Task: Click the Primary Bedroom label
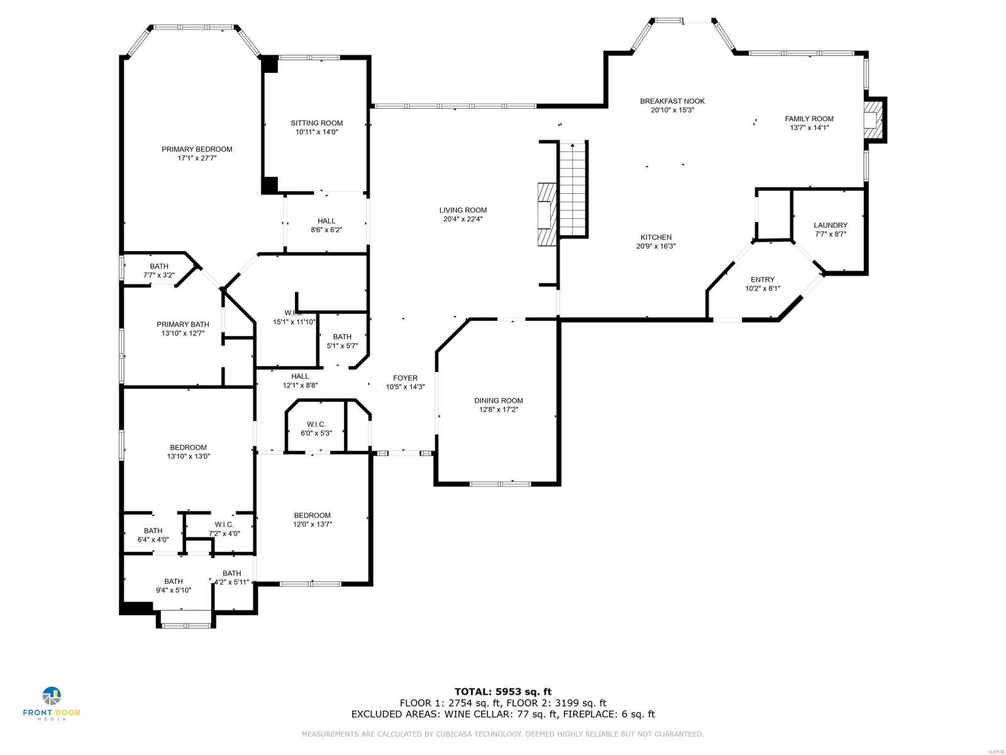[197, 149]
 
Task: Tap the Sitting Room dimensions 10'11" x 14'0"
[316, 132]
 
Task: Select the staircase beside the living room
[573, 189]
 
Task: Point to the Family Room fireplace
[872, 120]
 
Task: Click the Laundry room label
[830, 225]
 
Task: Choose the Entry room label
[762, 279]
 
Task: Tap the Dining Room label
[498, 401]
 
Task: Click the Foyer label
[405, 378]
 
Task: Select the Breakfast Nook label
[672, 101]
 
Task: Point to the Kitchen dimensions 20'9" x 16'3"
[656, 247]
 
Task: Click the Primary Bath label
[182, 325]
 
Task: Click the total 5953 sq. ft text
[503, 692]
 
